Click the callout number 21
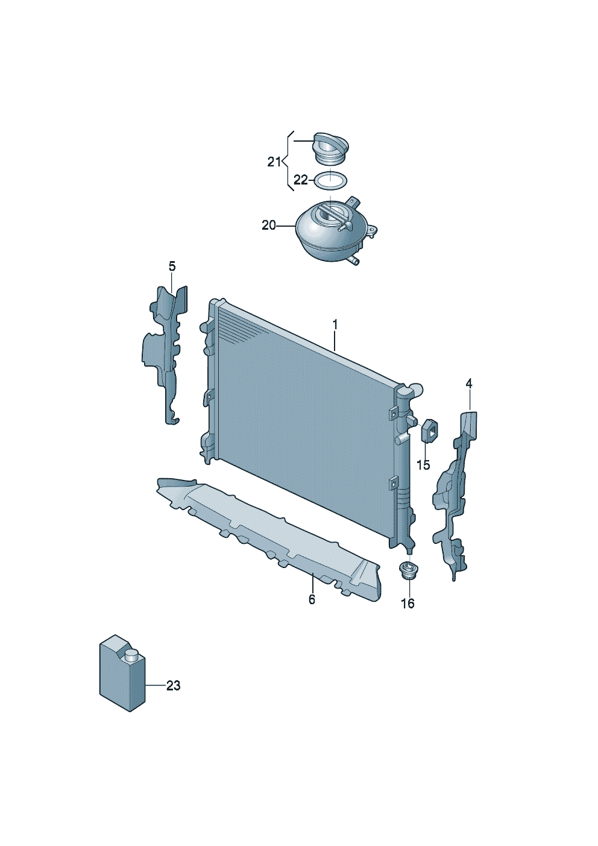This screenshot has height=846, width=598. pos(274,162)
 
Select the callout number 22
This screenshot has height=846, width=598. pos(301,180)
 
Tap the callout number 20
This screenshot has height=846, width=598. pos(269,226)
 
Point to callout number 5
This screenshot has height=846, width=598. pos(172,267)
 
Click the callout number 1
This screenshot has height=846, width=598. pos(335,325)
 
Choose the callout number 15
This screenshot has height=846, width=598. pos(423,465)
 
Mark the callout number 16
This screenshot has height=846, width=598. pos(408,604)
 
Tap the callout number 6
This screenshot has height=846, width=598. pos(312,599)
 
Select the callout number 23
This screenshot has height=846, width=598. pos(173,686)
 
